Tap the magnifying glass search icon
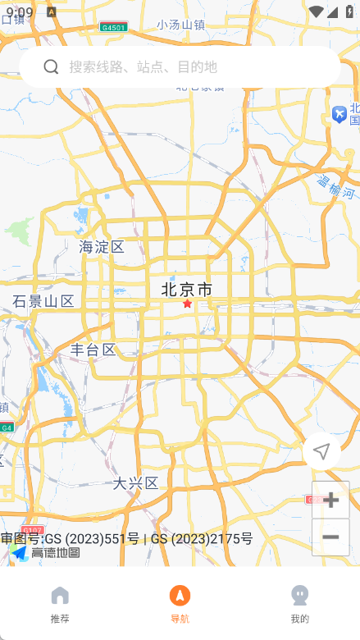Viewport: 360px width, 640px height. click(x=51, y=66)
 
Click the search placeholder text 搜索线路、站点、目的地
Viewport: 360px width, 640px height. click(x=143, y=66)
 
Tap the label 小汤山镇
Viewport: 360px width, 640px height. click(x=181, y=25)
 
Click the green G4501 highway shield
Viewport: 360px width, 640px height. click(x=113, y=27)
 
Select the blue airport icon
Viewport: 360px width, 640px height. click(x=339, y=115)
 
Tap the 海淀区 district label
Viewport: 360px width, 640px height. click(x=102, y=246)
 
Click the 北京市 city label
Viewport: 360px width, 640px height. click(x=187, y=289)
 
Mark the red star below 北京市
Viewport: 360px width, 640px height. click(x=187, y=304)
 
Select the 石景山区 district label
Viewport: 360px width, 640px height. click(x=43, y=301)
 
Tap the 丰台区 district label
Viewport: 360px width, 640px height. click(x=93, y=350)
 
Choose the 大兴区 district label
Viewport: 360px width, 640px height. click(x=136, y=482)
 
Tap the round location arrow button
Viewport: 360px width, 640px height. click(x=321, y=450)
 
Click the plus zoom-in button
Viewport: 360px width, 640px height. click(x=330, y=500)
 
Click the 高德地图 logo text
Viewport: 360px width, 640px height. click(x=56, y=553)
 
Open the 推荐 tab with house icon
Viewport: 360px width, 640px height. click(x=60, y=604)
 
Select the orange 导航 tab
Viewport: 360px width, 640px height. click(x=180, y=604)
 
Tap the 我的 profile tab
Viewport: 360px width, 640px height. click(x=299, y=604)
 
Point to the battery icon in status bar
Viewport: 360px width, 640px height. click(x=349, y=11)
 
